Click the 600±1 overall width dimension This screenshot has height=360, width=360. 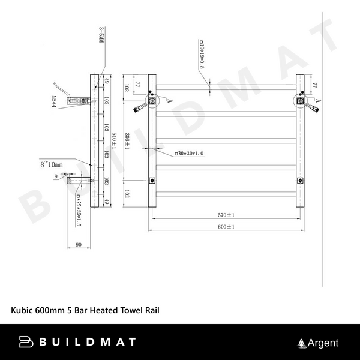226,227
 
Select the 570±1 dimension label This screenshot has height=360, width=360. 226,215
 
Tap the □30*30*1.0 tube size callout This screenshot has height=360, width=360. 189,154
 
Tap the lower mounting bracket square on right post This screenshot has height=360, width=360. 300,180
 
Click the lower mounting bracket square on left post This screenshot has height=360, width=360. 152,180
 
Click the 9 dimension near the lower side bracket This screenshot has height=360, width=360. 56,176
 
